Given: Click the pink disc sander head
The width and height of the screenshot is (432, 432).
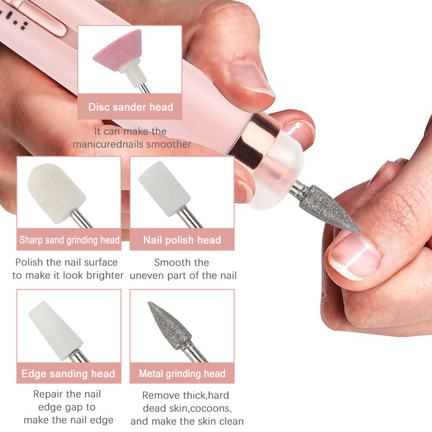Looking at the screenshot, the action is (118, 50).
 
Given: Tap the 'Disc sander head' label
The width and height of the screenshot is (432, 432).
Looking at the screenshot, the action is (131, 107).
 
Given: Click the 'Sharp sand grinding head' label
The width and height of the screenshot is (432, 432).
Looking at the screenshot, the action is (69, 240).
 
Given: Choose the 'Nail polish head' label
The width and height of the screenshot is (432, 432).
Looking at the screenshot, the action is (182, 240).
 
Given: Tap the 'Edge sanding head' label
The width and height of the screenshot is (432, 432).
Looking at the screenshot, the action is (68, 374).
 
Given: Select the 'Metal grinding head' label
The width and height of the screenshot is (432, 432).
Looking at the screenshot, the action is (182, 374).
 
